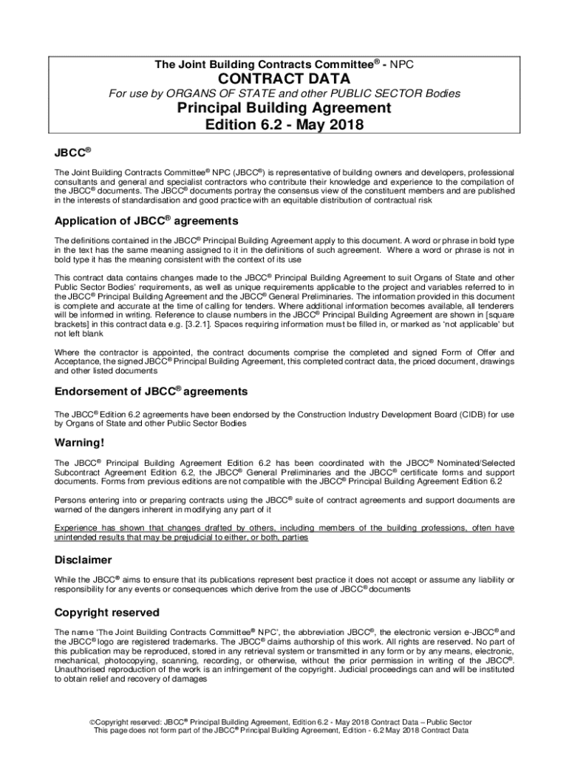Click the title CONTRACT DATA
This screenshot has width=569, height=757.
pos(284,79)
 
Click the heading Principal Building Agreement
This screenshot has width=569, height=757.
pos(284,108)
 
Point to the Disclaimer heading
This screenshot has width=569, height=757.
pos(84,560)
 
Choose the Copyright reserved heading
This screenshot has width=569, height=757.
pos(106,613)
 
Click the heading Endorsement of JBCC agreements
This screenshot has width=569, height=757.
pos(151,390)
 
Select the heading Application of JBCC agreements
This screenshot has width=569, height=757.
pos(146,221)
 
